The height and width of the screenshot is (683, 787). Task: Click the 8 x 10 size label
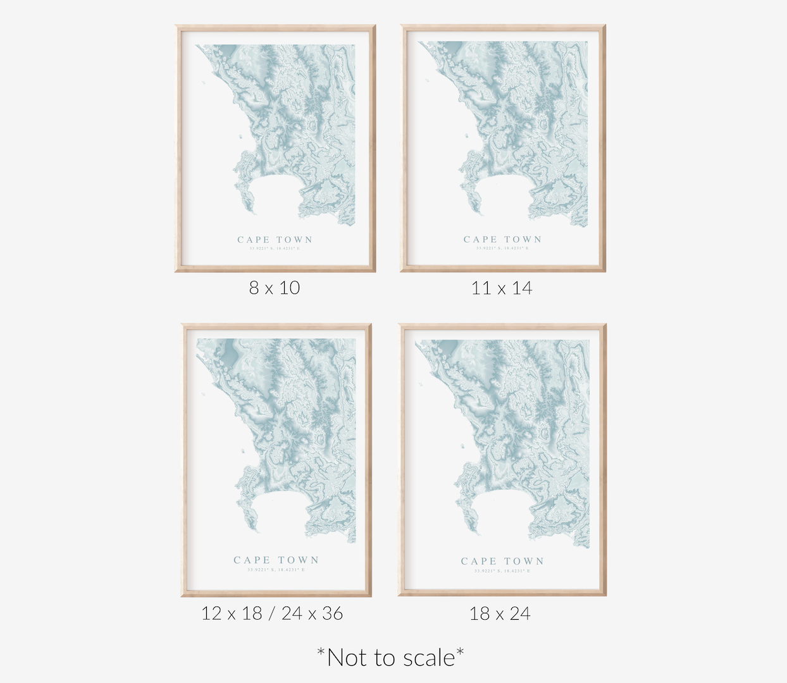[274, 288]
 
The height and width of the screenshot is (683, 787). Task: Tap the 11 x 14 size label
[502, 288]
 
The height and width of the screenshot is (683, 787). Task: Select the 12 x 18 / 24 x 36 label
[272, 613]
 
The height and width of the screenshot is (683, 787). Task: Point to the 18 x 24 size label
[500, 613]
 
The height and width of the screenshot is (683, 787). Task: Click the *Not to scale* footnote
[391, 658]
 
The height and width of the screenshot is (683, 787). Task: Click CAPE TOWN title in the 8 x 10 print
[275, 240]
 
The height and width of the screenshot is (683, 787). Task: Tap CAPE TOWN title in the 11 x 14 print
[502, 240]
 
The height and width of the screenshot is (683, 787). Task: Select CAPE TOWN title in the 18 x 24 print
[502, 561]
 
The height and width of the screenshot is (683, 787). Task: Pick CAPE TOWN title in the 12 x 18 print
[276, 560]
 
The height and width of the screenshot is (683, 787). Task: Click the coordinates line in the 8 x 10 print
[275, 249]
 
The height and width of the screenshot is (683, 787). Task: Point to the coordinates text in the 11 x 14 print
[502, 249]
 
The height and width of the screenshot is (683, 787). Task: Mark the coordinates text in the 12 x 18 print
[276, 570]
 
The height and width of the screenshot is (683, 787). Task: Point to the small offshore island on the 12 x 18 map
[243, 450]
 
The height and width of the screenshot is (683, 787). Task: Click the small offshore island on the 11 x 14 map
[466, 135]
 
